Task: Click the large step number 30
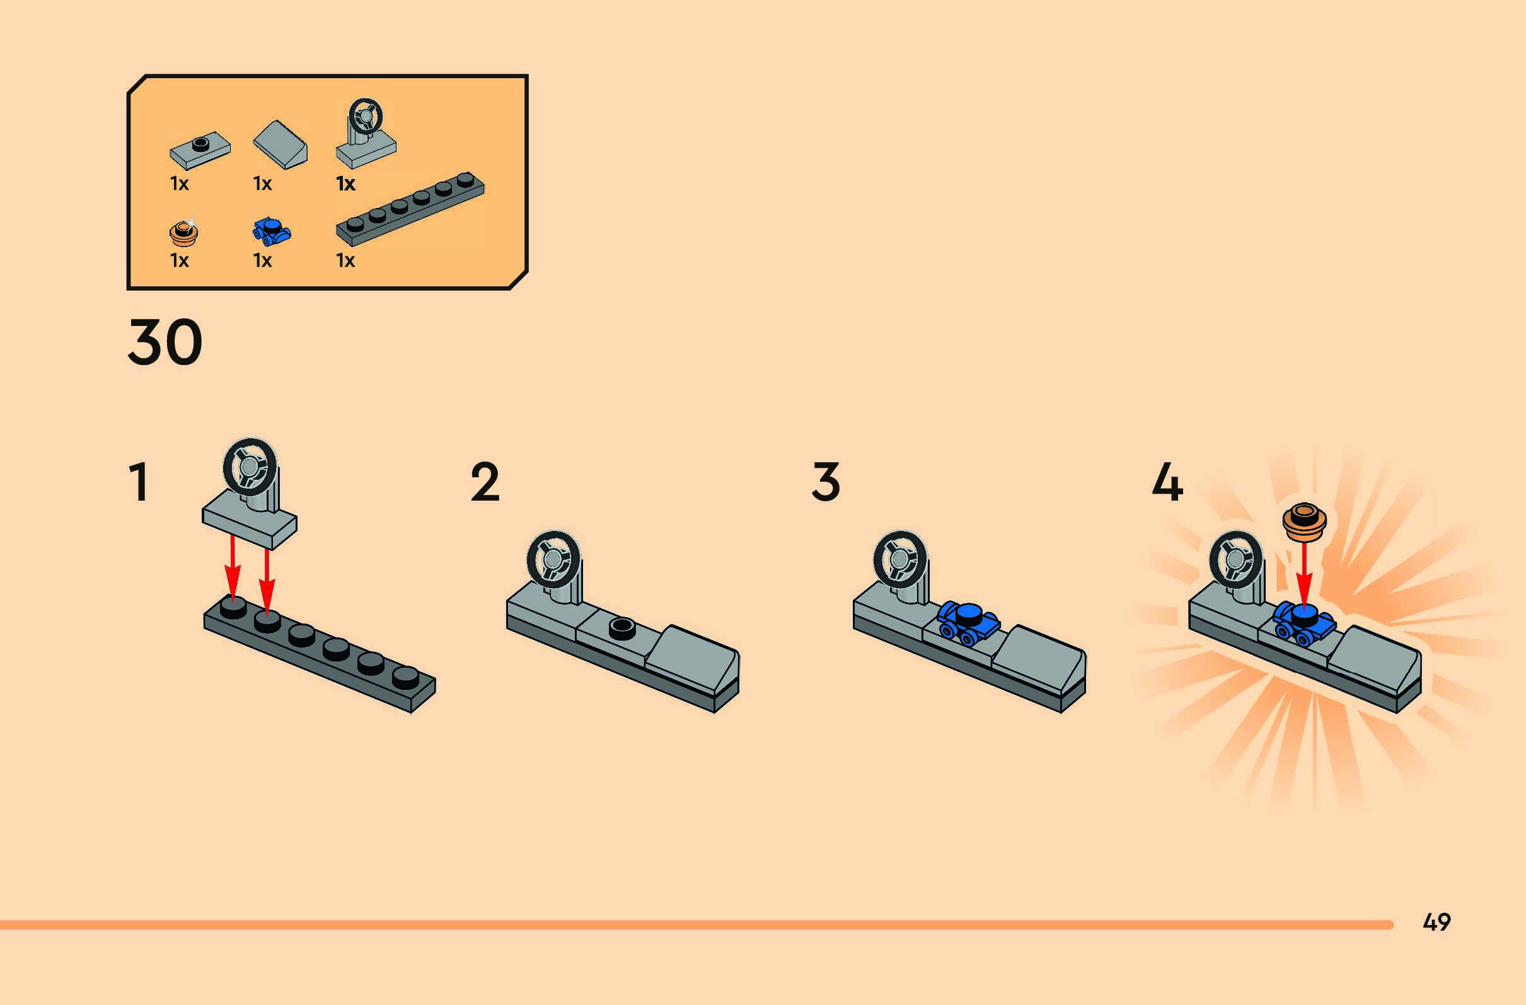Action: [165, 342]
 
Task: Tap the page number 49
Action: [1437, 922]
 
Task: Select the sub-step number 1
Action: [139, 482]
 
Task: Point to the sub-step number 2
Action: [485, 482]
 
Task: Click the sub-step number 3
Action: [826, 482]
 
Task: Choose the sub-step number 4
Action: [1167, 482]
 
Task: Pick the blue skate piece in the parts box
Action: [271, 231]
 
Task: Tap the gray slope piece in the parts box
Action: [281, 144]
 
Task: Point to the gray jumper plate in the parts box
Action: [200, 150]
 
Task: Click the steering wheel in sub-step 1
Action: [250, 467]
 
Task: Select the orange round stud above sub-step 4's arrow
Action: [1304, 520]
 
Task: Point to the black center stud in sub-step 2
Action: [621, 627]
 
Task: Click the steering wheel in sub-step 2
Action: [553, 559]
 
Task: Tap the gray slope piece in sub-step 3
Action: [1040, 661]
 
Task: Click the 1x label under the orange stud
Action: [180, 260]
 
